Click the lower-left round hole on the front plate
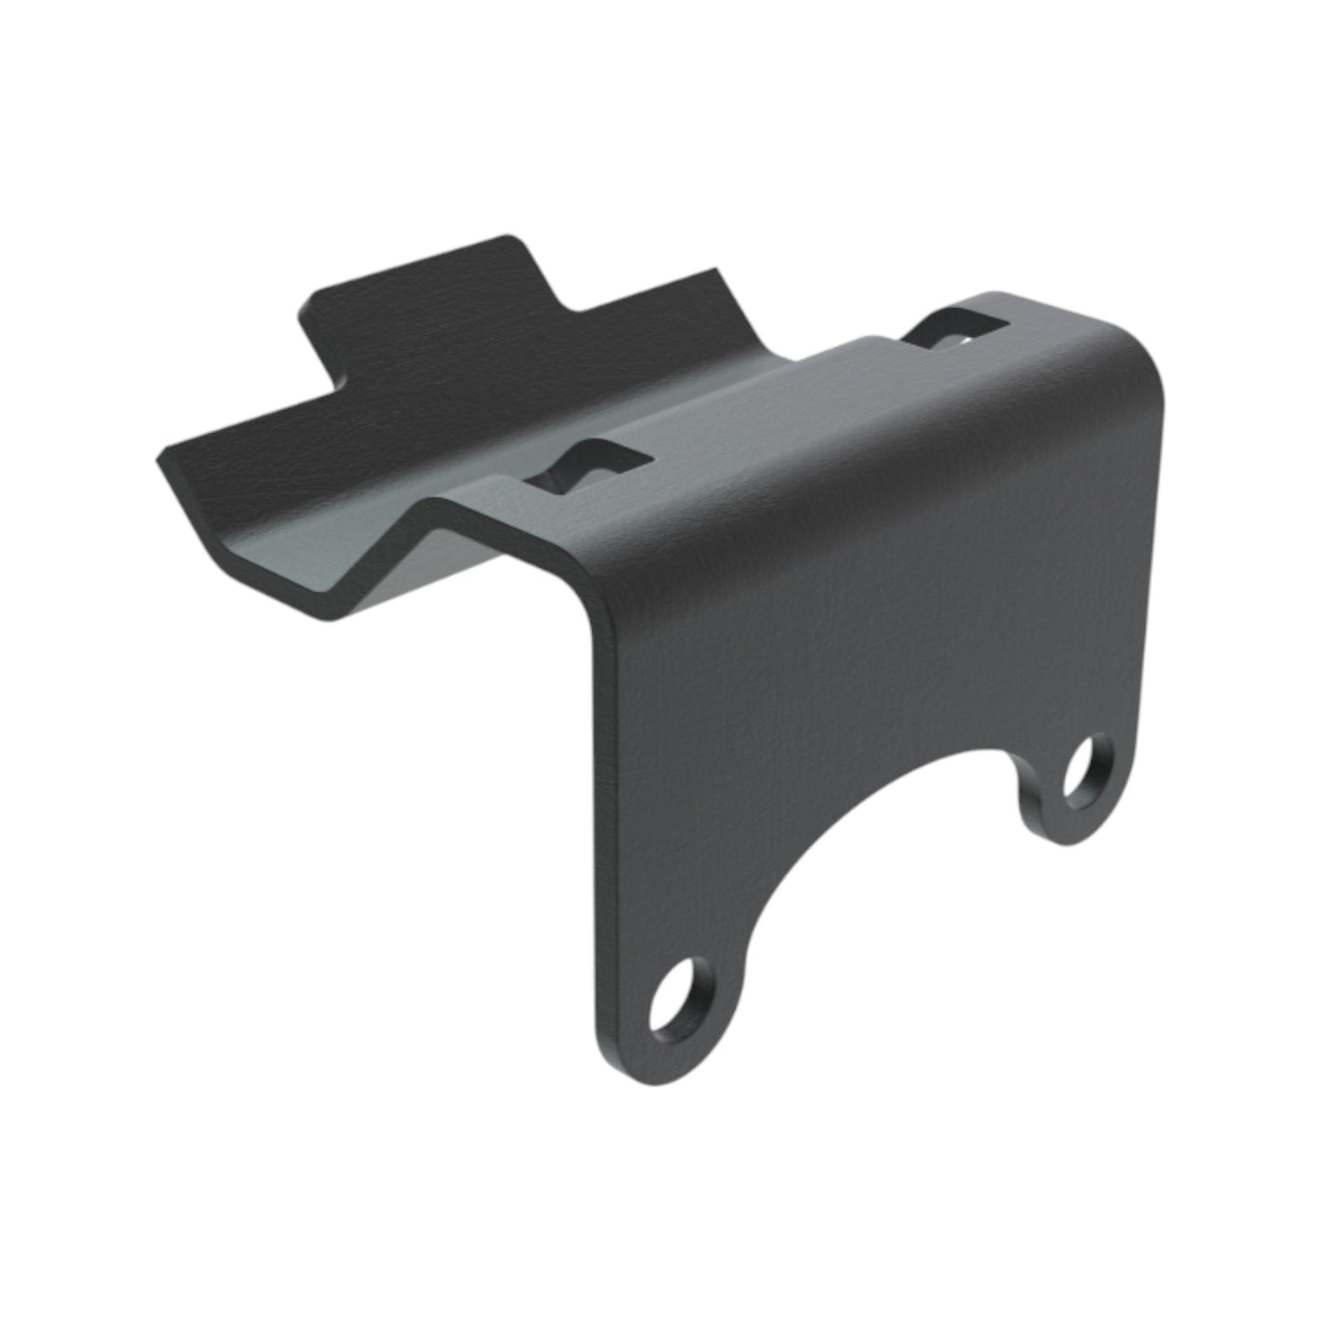679,998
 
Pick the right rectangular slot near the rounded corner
957,330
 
